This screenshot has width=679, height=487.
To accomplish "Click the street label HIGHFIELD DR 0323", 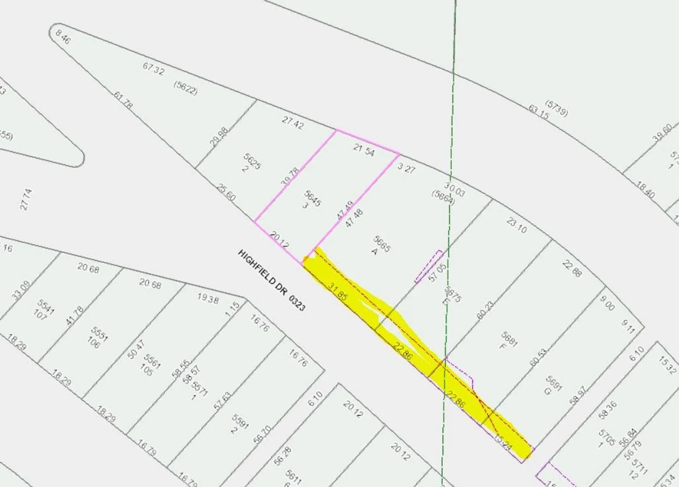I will pyautogui.click(x=271, y=280).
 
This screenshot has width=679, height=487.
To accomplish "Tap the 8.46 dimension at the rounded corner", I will pyautogui.click(x=63, y=37).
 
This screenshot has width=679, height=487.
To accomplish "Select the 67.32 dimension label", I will pyautogui.click(x=153, y=68).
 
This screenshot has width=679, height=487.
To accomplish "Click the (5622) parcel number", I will pyautogui.click(x=185, y=88).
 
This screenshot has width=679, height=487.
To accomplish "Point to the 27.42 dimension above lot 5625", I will pyautogui.click(x=292, y=122).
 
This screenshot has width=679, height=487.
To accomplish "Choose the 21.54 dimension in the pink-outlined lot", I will pyautogui.click(x=364, y=150).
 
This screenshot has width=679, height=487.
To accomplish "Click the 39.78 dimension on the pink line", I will pyautogui.click(x=290, y=177).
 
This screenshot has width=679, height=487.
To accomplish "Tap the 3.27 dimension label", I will pyautogui.click(x=406, y=168).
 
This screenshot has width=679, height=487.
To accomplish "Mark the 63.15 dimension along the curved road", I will pyautogui.click(x=539, y=112).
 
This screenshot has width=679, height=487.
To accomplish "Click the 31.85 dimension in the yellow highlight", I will pyautogui.click(x=337, y=291).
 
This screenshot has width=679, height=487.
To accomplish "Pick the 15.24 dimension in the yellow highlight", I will pyautogui.click(x=503, y=442).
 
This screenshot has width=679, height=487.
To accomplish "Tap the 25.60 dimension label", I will pyautogui.click(x=226, y=193).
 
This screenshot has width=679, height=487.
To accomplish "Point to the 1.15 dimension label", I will pyautogui.click(x=232, y=309).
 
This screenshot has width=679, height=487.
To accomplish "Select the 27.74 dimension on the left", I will pyautogui.click(x=26, y=200).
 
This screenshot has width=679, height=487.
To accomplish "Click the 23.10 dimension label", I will pyautogui.click(x=517, y=225).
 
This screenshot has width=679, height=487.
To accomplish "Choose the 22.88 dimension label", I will pyautogui.click(x=572, y=269).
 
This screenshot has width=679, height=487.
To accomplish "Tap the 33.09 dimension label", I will pyautogui.click(x=21, y=290).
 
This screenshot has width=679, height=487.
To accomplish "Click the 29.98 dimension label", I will pyautogui.click(x=219, y=137).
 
